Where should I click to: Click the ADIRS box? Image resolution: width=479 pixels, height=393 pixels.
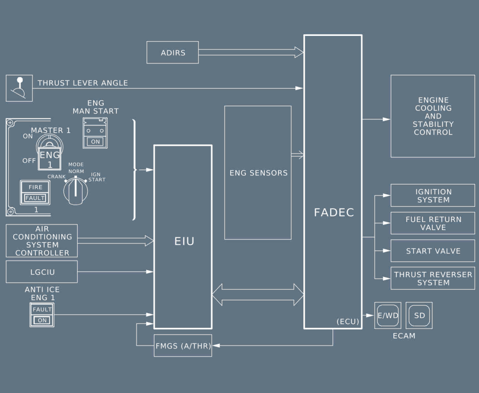(173, 53)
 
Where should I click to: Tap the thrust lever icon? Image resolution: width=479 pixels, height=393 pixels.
(19, 88)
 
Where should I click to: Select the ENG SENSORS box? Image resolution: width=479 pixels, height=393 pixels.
(258, 173)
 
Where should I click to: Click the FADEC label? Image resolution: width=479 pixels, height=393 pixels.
(334, 212)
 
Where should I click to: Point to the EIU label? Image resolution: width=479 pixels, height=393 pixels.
(184, 242)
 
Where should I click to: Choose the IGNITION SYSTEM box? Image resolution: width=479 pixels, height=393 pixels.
(432, 196)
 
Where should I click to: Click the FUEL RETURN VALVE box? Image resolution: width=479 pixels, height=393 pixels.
(432, 223)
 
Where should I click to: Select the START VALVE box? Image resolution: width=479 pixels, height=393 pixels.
(432, 251)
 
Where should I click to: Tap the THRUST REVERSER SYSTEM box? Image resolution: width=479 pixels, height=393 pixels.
(432, 279)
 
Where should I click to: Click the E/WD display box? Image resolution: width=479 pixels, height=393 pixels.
(388, 315)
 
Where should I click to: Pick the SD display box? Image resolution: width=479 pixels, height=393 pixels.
(419, 315)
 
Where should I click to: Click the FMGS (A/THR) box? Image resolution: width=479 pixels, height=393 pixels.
(183, 346)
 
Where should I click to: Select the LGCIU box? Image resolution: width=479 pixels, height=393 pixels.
(42, 271)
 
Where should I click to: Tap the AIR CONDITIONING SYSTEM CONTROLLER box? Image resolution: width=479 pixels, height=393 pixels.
(42, 241)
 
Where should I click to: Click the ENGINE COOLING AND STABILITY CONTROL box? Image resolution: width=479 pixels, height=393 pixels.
(432, 116)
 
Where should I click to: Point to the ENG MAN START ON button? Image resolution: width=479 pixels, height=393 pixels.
(95, 141)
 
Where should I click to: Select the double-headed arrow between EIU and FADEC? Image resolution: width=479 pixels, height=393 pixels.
(258, 295)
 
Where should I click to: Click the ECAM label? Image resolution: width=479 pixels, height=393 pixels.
(404, 336)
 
